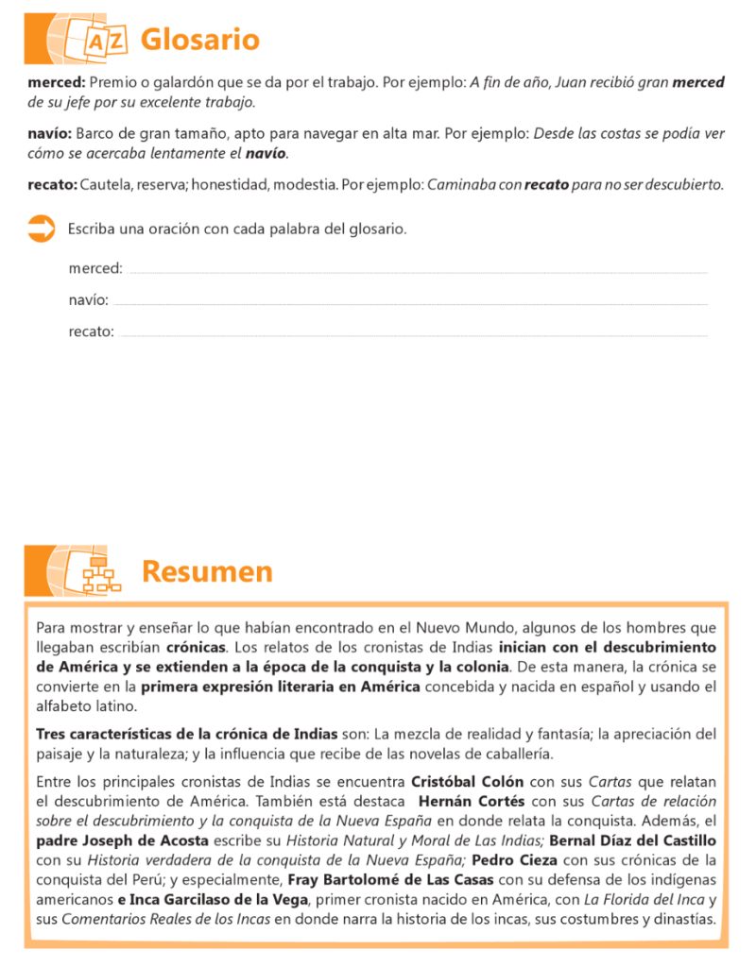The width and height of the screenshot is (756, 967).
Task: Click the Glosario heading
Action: [199, 40]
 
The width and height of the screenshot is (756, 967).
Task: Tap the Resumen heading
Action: [207, 571]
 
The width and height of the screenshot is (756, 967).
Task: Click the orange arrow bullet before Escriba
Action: [41, 228]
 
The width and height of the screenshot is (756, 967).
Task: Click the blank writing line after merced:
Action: [416, 271]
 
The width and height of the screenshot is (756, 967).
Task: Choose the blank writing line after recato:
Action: [413, 334]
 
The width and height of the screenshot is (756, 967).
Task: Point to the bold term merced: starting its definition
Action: [57, 82]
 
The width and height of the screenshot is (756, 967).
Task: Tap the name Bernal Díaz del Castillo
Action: [633, 840]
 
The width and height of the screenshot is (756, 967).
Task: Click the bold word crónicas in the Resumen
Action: [197, 647]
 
